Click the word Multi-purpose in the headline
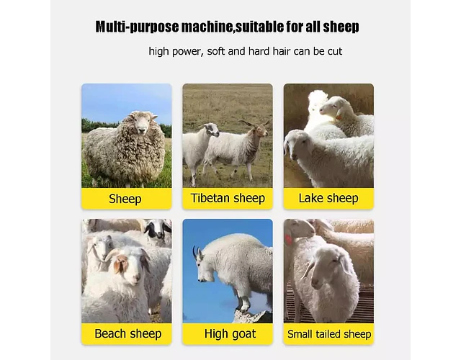tap(137, 27)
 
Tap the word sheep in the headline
tap(341, 27)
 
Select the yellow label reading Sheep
tap(127, 199)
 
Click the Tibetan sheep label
tap(228, 199)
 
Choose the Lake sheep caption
tap(328, 199)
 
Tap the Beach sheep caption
tap(127, 334)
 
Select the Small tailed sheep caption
tap(328, 334)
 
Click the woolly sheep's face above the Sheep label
tap(142, 122)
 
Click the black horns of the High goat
tap(197, 252)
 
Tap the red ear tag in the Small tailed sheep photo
tap(288, 239)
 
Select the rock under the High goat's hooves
tap(253, 317)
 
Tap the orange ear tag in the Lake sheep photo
tap(339, 117)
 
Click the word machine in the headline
tap(207, 27)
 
